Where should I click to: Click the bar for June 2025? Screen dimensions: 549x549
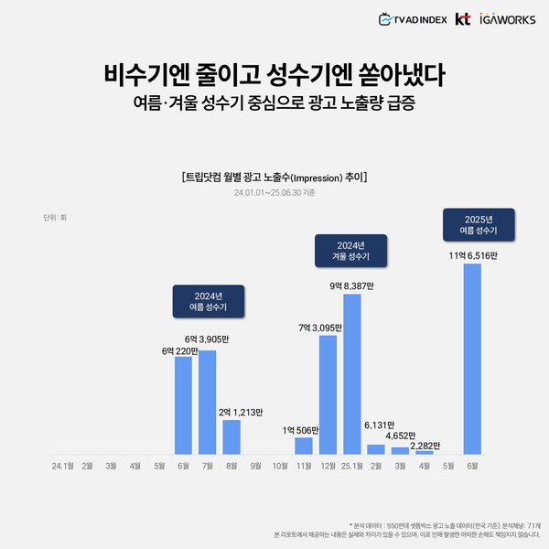pos(472,359)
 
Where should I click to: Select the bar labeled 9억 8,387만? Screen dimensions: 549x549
pos(351,374)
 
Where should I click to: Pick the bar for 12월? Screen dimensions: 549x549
pos(328,394)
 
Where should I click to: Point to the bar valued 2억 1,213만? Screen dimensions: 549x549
pos(231,437)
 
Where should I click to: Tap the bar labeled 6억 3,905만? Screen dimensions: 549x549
pos(208,403)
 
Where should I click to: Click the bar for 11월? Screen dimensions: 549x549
pos(304,446)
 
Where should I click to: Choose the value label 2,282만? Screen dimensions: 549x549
pos(423,446)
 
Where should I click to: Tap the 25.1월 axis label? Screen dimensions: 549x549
pos(350,465)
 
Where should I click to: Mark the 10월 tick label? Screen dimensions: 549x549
pos(279,465)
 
